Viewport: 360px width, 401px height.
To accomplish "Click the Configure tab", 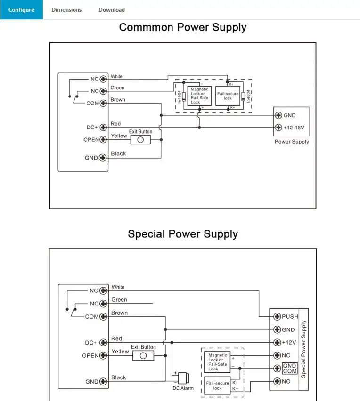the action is click(22, 10).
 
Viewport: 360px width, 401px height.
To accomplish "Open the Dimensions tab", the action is click(66, 10).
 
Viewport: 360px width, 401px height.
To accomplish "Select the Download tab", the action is click(112, 10).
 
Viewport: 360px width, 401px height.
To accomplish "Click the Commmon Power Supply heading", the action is click(182, 27).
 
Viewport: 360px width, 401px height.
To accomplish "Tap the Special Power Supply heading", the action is click(183, 234).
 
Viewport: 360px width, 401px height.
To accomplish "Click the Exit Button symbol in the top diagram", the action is click(140, 140).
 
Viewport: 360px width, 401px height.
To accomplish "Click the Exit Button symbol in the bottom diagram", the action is click(143, 355).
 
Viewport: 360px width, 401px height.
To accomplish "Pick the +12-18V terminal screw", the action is click(278, 128).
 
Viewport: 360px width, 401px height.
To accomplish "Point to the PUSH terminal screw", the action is click(277, 317).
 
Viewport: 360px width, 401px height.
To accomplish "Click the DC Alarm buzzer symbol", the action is click(184, 378).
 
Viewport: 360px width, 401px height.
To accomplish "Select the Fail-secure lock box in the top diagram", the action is click(228, 96).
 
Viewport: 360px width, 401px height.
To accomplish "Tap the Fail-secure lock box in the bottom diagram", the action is click(217, 385).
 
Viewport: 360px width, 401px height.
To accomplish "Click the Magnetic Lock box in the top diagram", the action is click(199, 96).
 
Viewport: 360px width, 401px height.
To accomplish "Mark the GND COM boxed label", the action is click(290, 368).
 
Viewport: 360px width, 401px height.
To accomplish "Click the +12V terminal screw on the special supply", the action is click(277, 343).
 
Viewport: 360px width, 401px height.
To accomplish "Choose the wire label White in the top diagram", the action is click(116, 76).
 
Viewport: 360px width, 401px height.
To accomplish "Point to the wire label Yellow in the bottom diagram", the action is click(120, 352).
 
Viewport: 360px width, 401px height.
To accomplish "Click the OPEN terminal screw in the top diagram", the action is click(103, 140).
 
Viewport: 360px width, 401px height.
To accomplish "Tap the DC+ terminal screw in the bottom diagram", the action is click(103, 343).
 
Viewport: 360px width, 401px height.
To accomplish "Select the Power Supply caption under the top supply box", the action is click(292, 142).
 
